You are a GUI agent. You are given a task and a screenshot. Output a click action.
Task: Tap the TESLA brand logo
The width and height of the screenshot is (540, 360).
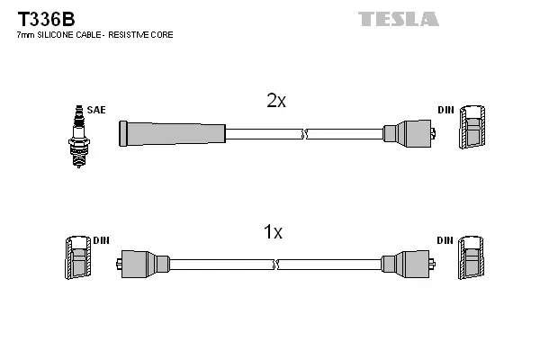point(399,18)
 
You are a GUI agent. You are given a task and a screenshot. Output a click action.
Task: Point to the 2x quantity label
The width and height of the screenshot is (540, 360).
point(276,102)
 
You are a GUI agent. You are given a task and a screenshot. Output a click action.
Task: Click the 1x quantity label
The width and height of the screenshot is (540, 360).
point(273,233)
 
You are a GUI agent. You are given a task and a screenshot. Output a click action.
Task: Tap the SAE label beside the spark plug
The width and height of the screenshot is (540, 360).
point(97,110)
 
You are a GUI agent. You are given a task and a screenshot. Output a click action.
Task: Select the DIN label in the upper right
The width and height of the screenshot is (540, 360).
point(445,110)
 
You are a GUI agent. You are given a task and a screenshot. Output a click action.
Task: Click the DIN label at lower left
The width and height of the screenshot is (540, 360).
point(101,241)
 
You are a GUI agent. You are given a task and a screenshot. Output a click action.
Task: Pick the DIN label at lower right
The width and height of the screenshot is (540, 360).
point(445,241)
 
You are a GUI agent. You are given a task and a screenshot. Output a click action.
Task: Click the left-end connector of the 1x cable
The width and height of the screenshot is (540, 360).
point(144,264)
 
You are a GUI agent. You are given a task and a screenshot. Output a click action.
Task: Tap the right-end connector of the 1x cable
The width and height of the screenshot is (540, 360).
point(406,264)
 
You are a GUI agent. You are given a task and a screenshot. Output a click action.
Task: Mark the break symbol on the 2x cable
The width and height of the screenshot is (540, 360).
point(304,134)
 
